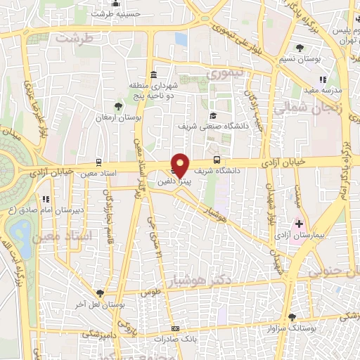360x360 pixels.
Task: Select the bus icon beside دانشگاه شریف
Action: click(x=217, y=161)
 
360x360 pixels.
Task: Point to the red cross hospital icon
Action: click(x=299, y=224)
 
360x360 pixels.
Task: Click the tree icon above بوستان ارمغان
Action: click(x=118, y=107)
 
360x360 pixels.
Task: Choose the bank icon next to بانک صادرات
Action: click(x=175, y=329)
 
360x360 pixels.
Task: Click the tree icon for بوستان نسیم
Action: click(x=300, y=48)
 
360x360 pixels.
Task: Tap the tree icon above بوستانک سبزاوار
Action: click(x=292, y=318)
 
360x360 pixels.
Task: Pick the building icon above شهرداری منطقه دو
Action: click(x=153, y=75)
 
